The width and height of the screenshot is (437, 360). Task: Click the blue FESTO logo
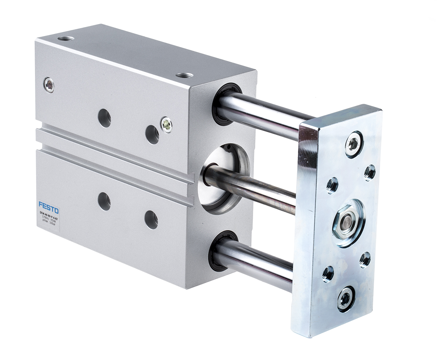(x=48, y=208)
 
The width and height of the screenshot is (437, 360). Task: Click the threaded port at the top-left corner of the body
(x=66, y=38)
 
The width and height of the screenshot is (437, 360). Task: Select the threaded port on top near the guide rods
(x=185, y=75)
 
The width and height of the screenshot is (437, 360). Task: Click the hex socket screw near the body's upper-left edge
(x=48, y=85)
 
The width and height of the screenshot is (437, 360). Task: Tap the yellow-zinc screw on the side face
(x=166, y=124)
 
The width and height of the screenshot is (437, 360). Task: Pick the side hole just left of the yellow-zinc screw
(x=152, y=134)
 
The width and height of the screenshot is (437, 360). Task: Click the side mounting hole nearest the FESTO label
(x=104, y=201)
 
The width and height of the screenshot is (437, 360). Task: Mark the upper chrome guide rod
(x=262, y=113)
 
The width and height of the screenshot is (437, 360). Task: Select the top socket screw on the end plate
(x=353, y=144)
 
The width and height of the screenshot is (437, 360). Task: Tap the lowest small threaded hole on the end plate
(x=327, y=273)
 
